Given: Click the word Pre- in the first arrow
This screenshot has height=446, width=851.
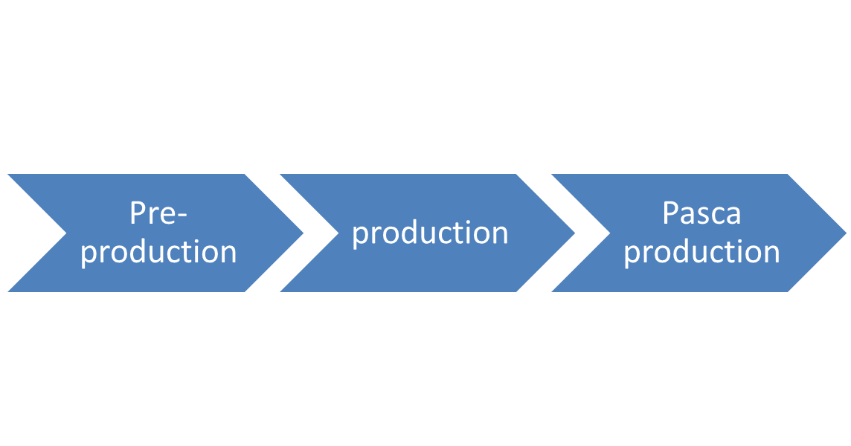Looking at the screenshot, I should pos(158,213).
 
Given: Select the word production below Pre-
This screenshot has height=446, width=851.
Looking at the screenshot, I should pos(158,252).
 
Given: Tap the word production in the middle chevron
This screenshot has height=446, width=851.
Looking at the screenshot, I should pos(430,233).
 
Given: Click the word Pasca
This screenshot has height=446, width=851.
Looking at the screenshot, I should pos(701,213).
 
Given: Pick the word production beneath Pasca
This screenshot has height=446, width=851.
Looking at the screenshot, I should pos(701,252).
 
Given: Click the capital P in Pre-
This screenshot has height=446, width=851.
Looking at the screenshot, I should pos(137,213).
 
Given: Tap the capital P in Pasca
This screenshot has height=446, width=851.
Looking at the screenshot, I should pos(669,213).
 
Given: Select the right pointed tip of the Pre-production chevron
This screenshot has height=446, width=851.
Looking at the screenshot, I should pos(305,233).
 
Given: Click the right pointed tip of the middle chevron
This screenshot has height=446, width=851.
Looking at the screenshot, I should pos(577,233).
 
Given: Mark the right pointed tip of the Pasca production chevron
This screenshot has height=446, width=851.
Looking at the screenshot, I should pos(848,233).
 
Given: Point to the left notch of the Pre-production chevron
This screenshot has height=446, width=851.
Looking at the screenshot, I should pos(61,233).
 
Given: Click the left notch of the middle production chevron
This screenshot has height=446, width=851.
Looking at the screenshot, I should pos(333,233).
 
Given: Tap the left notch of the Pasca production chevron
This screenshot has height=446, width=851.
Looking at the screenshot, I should pos(606,233).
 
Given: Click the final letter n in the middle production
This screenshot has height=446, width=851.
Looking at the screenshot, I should pos(500,233).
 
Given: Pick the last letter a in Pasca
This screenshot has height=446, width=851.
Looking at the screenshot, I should pos(733,216).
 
